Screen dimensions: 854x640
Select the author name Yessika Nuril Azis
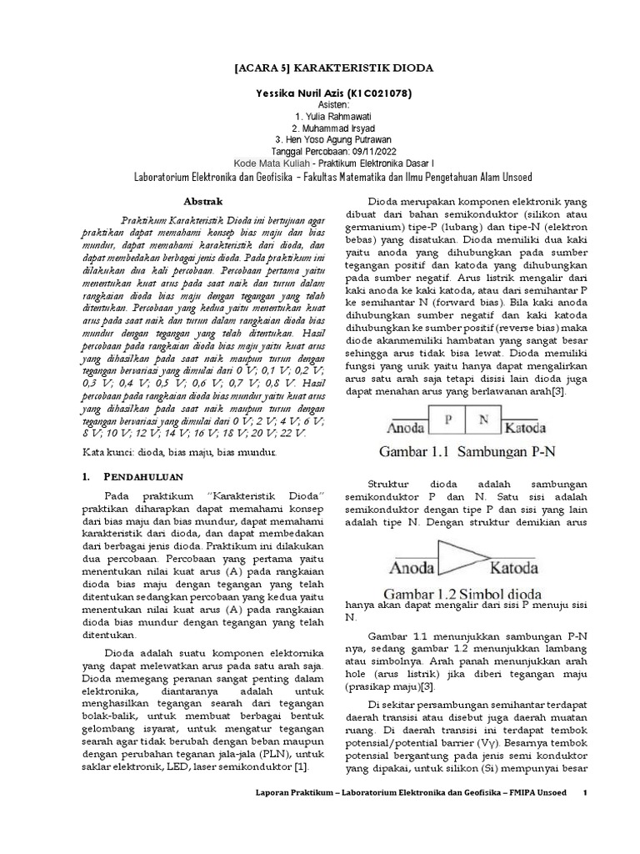click(290, 92)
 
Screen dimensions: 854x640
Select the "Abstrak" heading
click(203, 201)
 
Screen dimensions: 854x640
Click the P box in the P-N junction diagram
click(448, 420)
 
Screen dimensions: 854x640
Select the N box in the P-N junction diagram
click(482, 420)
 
